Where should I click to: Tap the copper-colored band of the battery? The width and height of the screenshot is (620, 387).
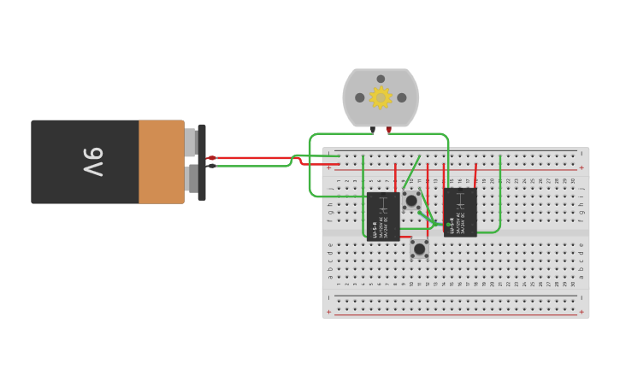click(x=161, y=161)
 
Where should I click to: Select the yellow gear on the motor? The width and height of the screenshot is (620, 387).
click(x=381, y=97)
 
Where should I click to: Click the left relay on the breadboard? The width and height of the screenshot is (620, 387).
click(x=383, y=216)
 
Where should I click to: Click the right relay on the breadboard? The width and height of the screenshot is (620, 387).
click(x=460, y=212)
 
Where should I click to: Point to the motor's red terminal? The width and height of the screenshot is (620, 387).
click(x=389, y=130)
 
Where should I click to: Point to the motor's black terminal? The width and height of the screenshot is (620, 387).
click(x=373, y=130)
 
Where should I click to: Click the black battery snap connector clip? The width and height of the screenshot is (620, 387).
click(x=202, y=161)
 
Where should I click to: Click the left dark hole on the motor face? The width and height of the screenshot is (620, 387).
click(x=360, y=97)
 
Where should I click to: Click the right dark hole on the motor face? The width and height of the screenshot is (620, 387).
click(x=402, y=97)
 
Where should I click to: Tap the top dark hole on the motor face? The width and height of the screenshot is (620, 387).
click(x=381, y=79)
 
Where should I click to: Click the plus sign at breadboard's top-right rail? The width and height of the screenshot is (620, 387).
click(x=582, y=167)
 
